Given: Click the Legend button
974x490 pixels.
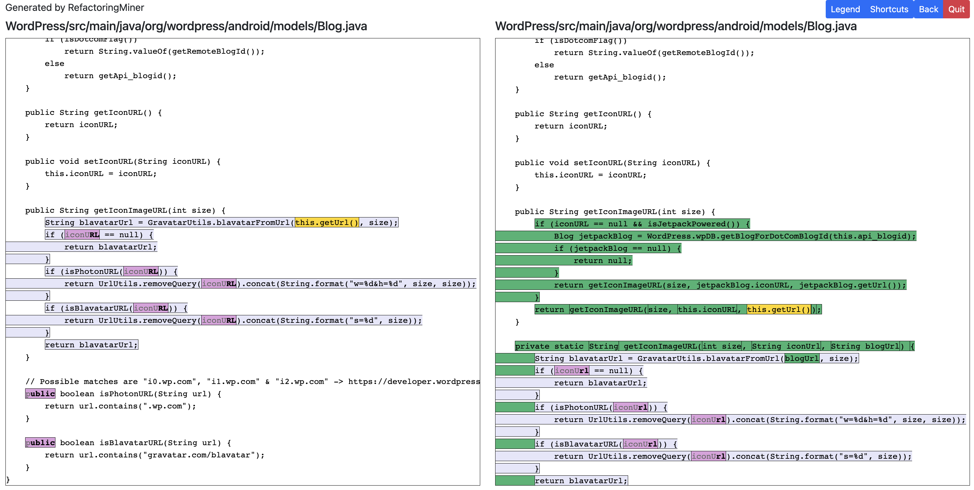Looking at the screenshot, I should point(845,9).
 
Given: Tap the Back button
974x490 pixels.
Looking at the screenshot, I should point(928,9).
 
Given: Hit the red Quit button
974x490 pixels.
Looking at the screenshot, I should point(956,9).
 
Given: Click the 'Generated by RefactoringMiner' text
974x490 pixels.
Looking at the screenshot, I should point(74,7).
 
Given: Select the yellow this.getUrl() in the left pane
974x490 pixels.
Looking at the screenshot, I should point(327,223).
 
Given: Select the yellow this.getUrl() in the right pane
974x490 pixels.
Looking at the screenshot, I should point(778,310).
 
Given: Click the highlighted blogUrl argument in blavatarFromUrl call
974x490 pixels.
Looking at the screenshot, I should point(802,358).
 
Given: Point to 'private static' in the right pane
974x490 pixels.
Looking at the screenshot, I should point(550,346).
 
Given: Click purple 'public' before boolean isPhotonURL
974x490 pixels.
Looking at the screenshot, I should point(40,393).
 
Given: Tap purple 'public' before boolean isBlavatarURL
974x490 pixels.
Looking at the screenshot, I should point(40,442).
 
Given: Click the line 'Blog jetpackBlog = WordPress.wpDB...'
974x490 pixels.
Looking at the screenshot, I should point(734,236).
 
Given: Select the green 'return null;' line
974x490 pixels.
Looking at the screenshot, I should point(602,261).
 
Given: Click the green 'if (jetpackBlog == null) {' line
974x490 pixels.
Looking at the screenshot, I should point(617,248).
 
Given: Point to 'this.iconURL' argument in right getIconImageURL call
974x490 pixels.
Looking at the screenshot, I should point(707,310).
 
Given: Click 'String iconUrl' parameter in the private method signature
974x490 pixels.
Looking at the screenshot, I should point(786,346).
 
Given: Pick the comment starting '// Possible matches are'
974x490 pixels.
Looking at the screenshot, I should point(250,382).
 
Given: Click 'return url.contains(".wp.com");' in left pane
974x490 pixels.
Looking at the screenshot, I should point(120,406).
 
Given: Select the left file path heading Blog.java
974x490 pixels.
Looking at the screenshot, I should point(186,26).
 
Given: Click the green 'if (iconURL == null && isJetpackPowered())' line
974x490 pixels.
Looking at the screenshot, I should point(642,224).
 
